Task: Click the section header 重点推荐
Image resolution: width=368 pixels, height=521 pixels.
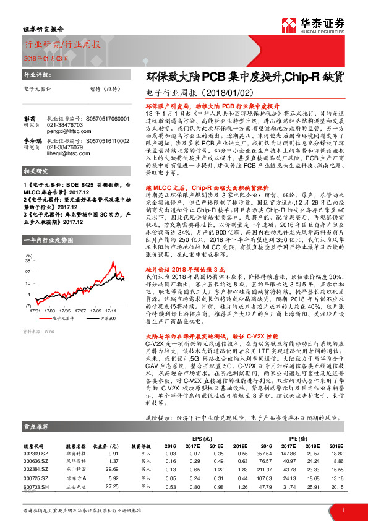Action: click(x=37, y=427)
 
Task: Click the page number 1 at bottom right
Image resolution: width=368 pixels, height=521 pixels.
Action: click(x=343, y=509)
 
